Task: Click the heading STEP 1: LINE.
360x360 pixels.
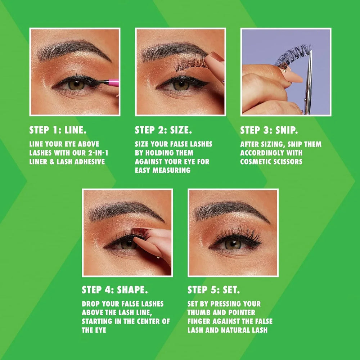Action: pyautogui.click(x=58, y=130)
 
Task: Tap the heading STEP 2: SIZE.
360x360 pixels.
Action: pyautogui.click(x=163, y=130)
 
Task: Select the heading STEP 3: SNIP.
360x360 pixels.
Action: pyautogui.click(x=269, y=130)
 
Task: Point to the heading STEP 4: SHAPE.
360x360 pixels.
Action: pyautogui.click(x=114, y=290)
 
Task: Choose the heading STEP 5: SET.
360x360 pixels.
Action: pyautogui.click(x=213, y=290)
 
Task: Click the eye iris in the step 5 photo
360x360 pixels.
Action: pyautogui.click(x=233, y=244)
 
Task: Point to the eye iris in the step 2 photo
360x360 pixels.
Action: pyautogui.click(x=181, y=85)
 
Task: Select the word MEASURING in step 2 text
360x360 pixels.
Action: pyautogui.click(x=171, y=170)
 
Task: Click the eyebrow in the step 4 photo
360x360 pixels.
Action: pyautogui.click(x=124, y=211)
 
